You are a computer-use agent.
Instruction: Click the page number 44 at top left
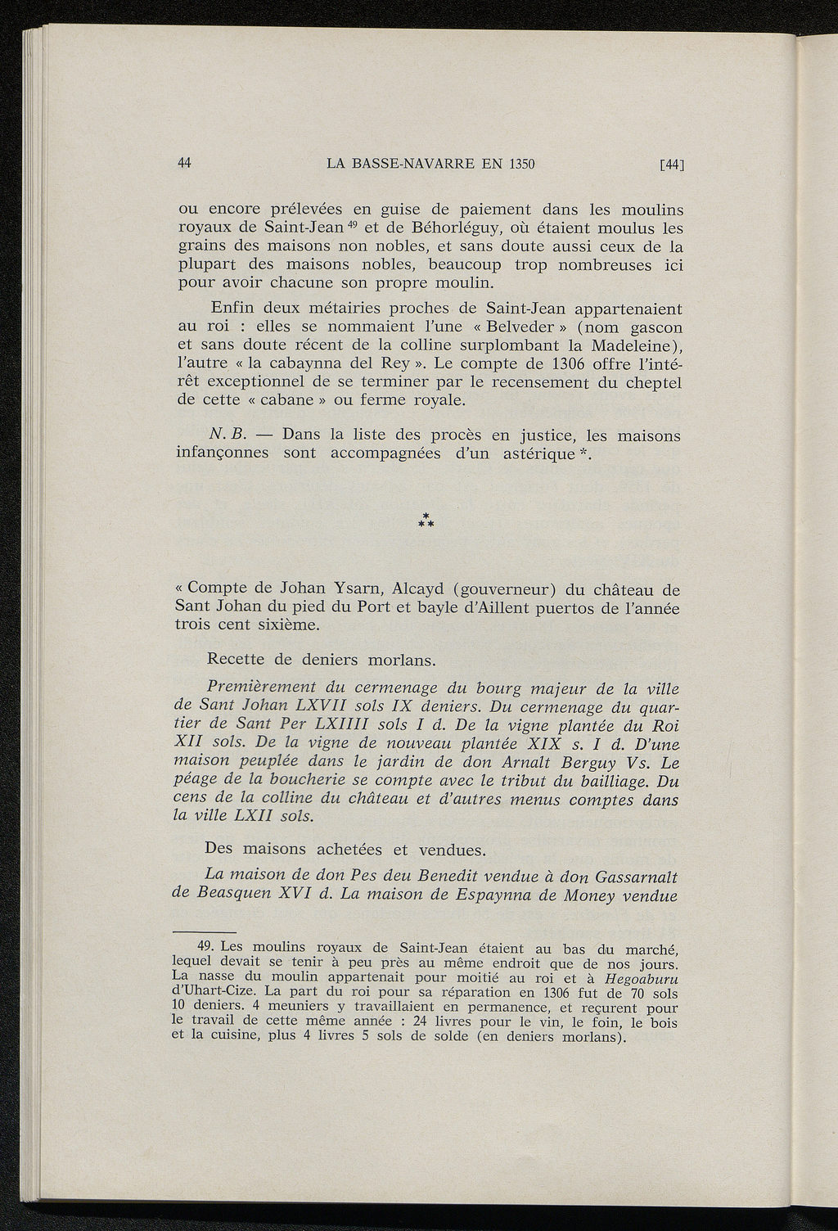[x=184, y=163]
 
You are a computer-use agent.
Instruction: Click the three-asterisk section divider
[x=426, y=520]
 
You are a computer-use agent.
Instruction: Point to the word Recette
[x=238, y=660]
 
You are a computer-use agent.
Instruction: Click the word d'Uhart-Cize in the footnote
[x=216, y=992]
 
